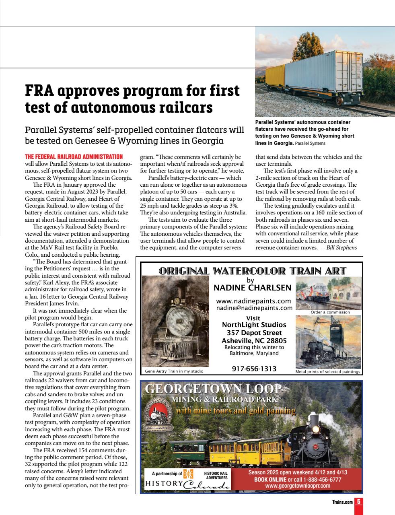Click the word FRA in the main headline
[39, 90]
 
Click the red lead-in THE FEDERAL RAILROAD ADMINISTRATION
[74, 157]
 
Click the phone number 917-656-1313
[254, 368]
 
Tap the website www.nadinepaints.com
[253, 301]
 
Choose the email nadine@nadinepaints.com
[254, 308]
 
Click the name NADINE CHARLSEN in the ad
[252, 288]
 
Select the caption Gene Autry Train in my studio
[174, 371]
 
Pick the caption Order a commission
[330, 312]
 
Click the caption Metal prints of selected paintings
[327, 371]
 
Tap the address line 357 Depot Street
[254, 333]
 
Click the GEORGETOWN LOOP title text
[213, 389]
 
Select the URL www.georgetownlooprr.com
[298, 486]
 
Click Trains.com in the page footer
[342, 502]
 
